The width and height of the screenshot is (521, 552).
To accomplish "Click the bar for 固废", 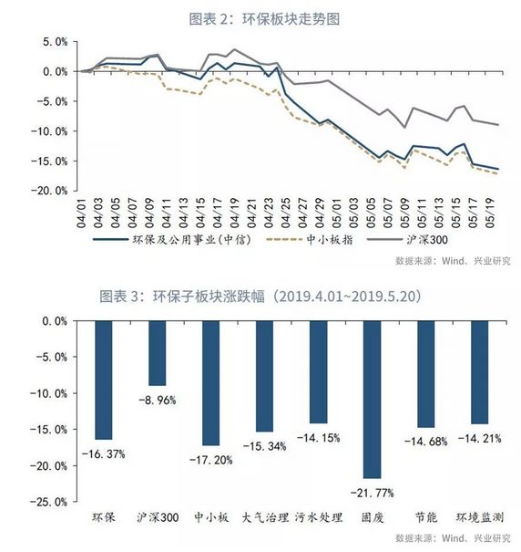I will coord(371,399).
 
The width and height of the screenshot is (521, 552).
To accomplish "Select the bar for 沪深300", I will coord(156,353).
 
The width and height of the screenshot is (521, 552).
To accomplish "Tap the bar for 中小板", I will coord(209,383).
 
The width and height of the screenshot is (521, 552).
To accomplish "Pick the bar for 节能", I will coord(424,374).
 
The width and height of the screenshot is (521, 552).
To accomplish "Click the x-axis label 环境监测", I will coord(479,517).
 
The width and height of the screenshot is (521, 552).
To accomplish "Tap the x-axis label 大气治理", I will coord(263,517).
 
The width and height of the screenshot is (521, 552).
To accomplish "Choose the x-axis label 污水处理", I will coord(317,517).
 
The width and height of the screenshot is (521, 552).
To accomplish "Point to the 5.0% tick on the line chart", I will coord(54,42).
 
